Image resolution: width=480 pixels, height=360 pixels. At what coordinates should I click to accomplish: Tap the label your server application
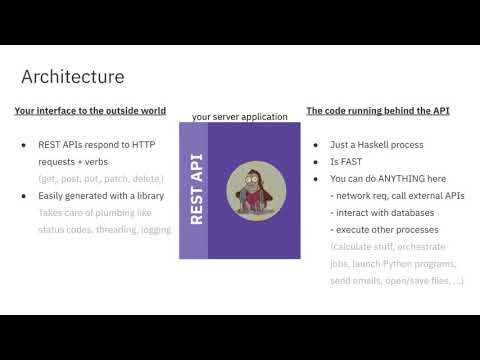(x=239, y=116)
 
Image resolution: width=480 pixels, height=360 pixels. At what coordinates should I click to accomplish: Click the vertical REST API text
(x=196, y=188)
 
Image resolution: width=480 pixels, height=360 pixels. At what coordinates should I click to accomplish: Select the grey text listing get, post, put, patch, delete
(x=101, y=178)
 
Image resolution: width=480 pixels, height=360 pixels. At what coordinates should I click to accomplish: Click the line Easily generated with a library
(x=102, y=196)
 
